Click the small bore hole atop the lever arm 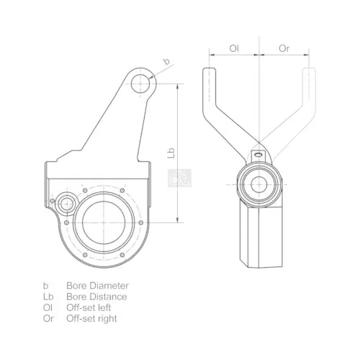coord(143,83)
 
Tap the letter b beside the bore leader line coord(167,62)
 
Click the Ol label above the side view coord(234,48)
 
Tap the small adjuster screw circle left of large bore coord(68,204)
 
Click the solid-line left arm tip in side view coord(209,76)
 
